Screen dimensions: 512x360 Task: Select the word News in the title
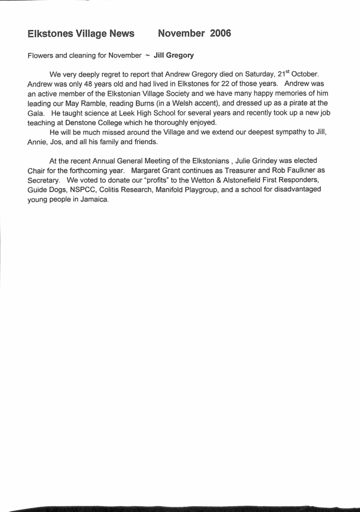[119, 34]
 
